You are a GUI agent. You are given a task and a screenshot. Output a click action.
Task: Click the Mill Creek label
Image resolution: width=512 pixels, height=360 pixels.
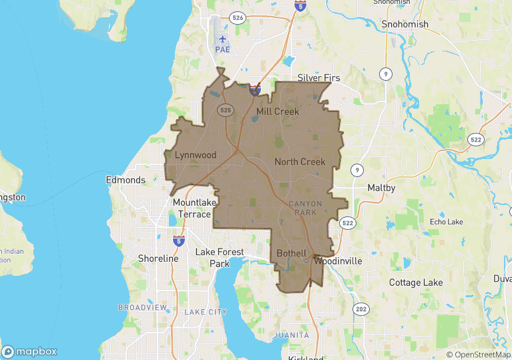(x=278, y=112)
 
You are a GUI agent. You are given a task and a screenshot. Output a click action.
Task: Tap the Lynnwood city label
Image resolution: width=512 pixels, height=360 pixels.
(x=196, y=155)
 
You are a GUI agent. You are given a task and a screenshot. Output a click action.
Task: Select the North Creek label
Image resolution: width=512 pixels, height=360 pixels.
(x=300, y=162)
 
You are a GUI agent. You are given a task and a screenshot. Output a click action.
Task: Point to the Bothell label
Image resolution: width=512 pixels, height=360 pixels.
(x=292, y=254)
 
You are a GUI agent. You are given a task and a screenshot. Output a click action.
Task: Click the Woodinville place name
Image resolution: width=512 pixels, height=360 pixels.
(x=338, y=260)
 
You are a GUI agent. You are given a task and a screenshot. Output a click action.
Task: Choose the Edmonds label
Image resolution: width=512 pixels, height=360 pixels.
(x=125, y=180)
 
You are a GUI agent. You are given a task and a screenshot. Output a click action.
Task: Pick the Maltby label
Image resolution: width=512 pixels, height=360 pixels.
(x=381, y=188)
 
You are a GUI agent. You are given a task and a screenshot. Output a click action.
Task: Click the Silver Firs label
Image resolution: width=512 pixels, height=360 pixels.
(x=318, y=78)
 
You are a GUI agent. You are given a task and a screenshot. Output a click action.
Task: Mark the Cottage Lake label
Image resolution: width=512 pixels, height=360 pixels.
(x=416, y=283)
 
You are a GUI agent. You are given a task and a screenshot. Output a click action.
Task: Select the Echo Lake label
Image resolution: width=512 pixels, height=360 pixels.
(x=447, y=222)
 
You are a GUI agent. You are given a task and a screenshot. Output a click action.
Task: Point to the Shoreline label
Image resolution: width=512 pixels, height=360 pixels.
(x=158, y=258)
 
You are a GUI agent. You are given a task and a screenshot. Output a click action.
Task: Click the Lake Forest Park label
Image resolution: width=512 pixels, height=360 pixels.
(x=221, y=258)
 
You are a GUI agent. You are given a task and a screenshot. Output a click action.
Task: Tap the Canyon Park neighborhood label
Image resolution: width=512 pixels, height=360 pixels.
(x=305, y=208)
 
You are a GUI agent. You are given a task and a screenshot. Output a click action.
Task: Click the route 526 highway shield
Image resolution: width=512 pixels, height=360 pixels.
(x=237, y=17)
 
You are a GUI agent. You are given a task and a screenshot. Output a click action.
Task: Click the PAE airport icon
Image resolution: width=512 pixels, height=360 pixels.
(x=222, y=38)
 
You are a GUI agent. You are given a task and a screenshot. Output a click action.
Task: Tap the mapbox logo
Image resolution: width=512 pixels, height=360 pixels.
(x=30, y=351)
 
